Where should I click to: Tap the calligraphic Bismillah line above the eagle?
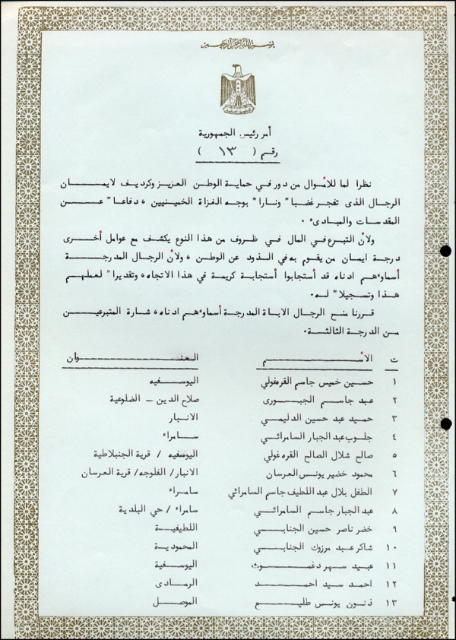click(x=228, y=46)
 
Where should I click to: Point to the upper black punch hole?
click(x=447, y=252)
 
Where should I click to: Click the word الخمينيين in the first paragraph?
click(x=290, y=198)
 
